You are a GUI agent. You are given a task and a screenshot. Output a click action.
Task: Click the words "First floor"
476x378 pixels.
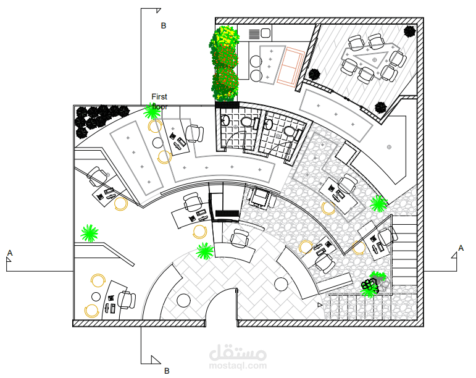tap(159, 101)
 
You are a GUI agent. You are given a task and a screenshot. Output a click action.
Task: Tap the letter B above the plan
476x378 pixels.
tap(164, 26)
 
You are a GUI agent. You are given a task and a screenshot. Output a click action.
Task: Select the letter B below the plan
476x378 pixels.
tap(167, 371)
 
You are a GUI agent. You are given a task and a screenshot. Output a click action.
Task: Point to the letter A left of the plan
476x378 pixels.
tap(10, 253)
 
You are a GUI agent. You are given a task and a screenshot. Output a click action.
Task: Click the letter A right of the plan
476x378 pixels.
tap(461, 248)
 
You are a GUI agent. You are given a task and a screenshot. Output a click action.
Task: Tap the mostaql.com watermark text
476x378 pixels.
tap(238, 366)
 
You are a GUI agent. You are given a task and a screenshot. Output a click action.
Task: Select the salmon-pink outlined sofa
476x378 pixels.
tap(290, 66)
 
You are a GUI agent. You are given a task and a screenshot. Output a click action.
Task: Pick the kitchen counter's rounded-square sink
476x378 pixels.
tap(265, 33)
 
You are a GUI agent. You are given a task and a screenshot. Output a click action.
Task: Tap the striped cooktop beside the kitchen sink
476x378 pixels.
tap(254, 34)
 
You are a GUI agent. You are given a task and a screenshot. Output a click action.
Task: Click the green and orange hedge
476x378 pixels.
tap(225, 63)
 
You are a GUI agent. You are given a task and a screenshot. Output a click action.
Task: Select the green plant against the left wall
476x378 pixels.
tap(90, 233)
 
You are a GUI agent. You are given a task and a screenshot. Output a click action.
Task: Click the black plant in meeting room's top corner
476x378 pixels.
tap(409, 31)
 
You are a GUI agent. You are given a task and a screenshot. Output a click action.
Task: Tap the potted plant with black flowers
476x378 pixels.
tap(372, 284)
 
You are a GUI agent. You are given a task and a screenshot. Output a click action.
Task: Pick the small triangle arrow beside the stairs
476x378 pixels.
tap(320, 305)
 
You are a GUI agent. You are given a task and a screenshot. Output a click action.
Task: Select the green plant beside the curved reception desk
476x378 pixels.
tap(205, 251)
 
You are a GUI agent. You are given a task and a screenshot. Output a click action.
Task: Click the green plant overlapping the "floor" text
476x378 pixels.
tap(152, 111)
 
